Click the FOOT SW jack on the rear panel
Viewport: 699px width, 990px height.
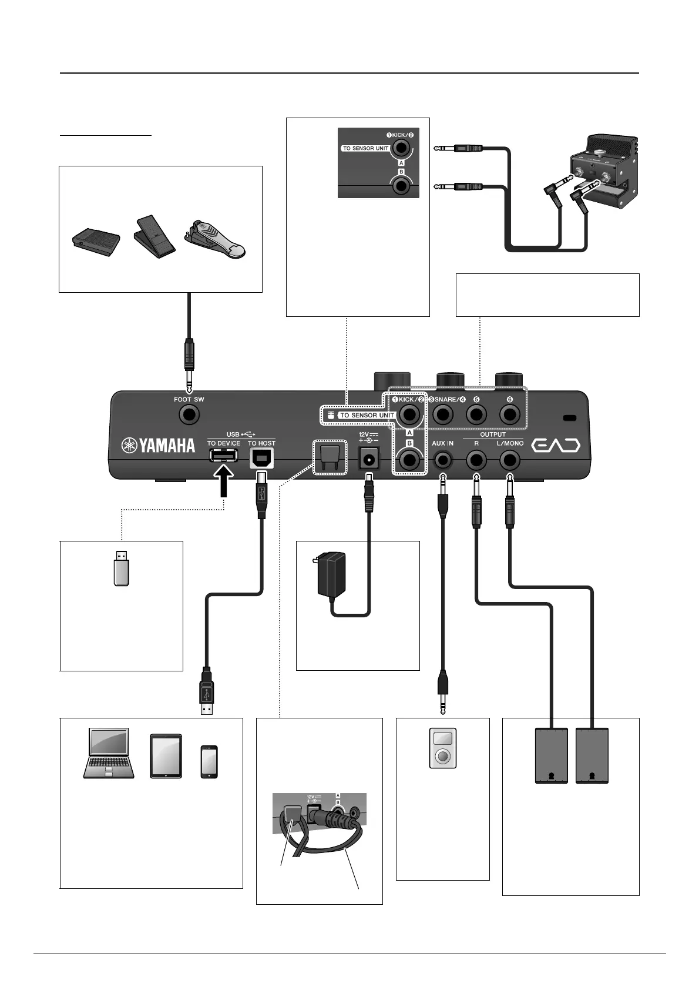coord(189,415)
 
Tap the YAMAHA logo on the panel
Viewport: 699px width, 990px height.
coord(159,446)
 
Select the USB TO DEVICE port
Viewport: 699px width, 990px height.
coord(223,456)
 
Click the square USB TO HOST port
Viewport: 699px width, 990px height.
coord(261,458)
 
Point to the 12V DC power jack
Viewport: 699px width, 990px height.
coord(369,459)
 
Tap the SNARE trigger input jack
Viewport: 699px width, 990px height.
coord(443,415)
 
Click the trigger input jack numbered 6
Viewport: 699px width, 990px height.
coord(510,415)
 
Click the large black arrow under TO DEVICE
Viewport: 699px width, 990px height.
coord(223,481)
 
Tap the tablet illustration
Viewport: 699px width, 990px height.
coord(166,756)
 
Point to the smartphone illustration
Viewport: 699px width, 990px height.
coord(209,762)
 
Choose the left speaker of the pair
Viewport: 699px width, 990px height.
coord(552,756)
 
